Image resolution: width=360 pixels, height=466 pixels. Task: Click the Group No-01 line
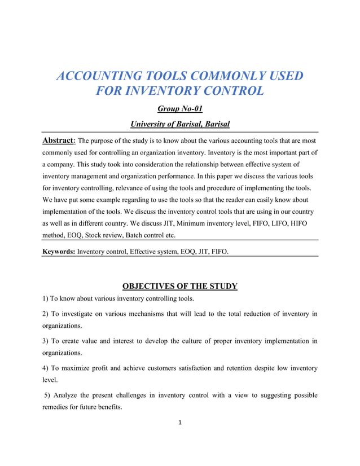(179, 109)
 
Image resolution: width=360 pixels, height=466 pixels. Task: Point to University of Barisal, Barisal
(179, 124)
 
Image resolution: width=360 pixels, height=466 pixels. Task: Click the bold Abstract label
(58, 140)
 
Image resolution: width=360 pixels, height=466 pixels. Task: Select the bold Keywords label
(59, 250)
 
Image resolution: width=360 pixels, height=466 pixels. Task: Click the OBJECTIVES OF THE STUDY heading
(179, 286)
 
